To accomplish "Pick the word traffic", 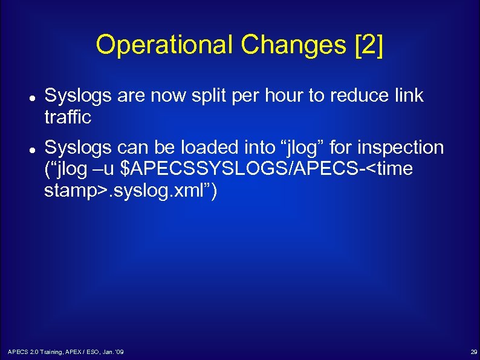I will pyautogui.click(x=68, y=117).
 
